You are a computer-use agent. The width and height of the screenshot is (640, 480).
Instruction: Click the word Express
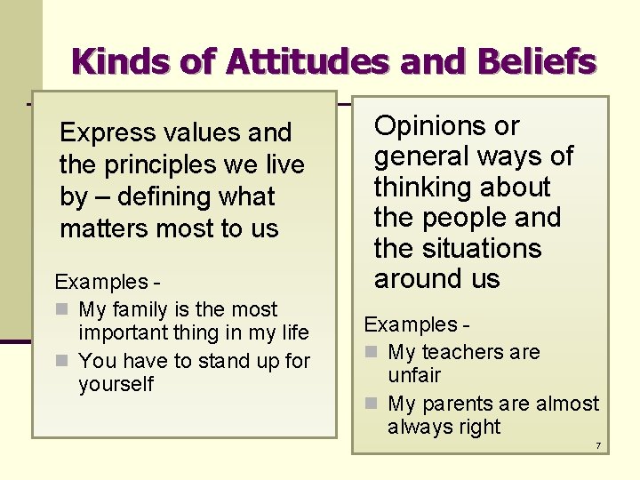click(108, 133)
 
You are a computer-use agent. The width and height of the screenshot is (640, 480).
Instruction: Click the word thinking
click(418, 188)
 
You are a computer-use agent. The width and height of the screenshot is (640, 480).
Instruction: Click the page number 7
click(598, 445)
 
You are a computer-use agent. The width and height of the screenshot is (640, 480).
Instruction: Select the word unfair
click(414, 376)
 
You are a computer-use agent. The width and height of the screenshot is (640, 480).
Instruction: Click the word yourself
click(116, 385)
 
